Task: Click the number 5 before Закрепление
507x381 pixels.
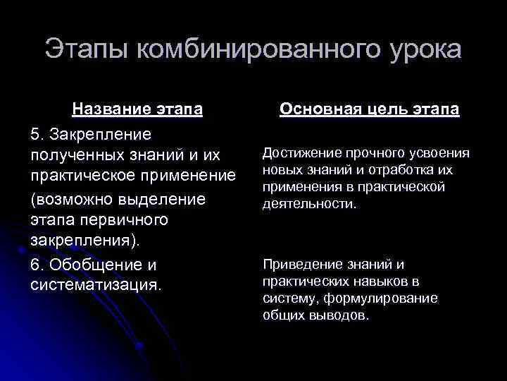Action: (x=35, y=133)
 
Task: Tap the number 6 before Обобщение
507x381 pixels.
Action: (x=35, y=265)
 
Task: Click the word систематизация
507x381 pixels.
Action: (x=95, y=286)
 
